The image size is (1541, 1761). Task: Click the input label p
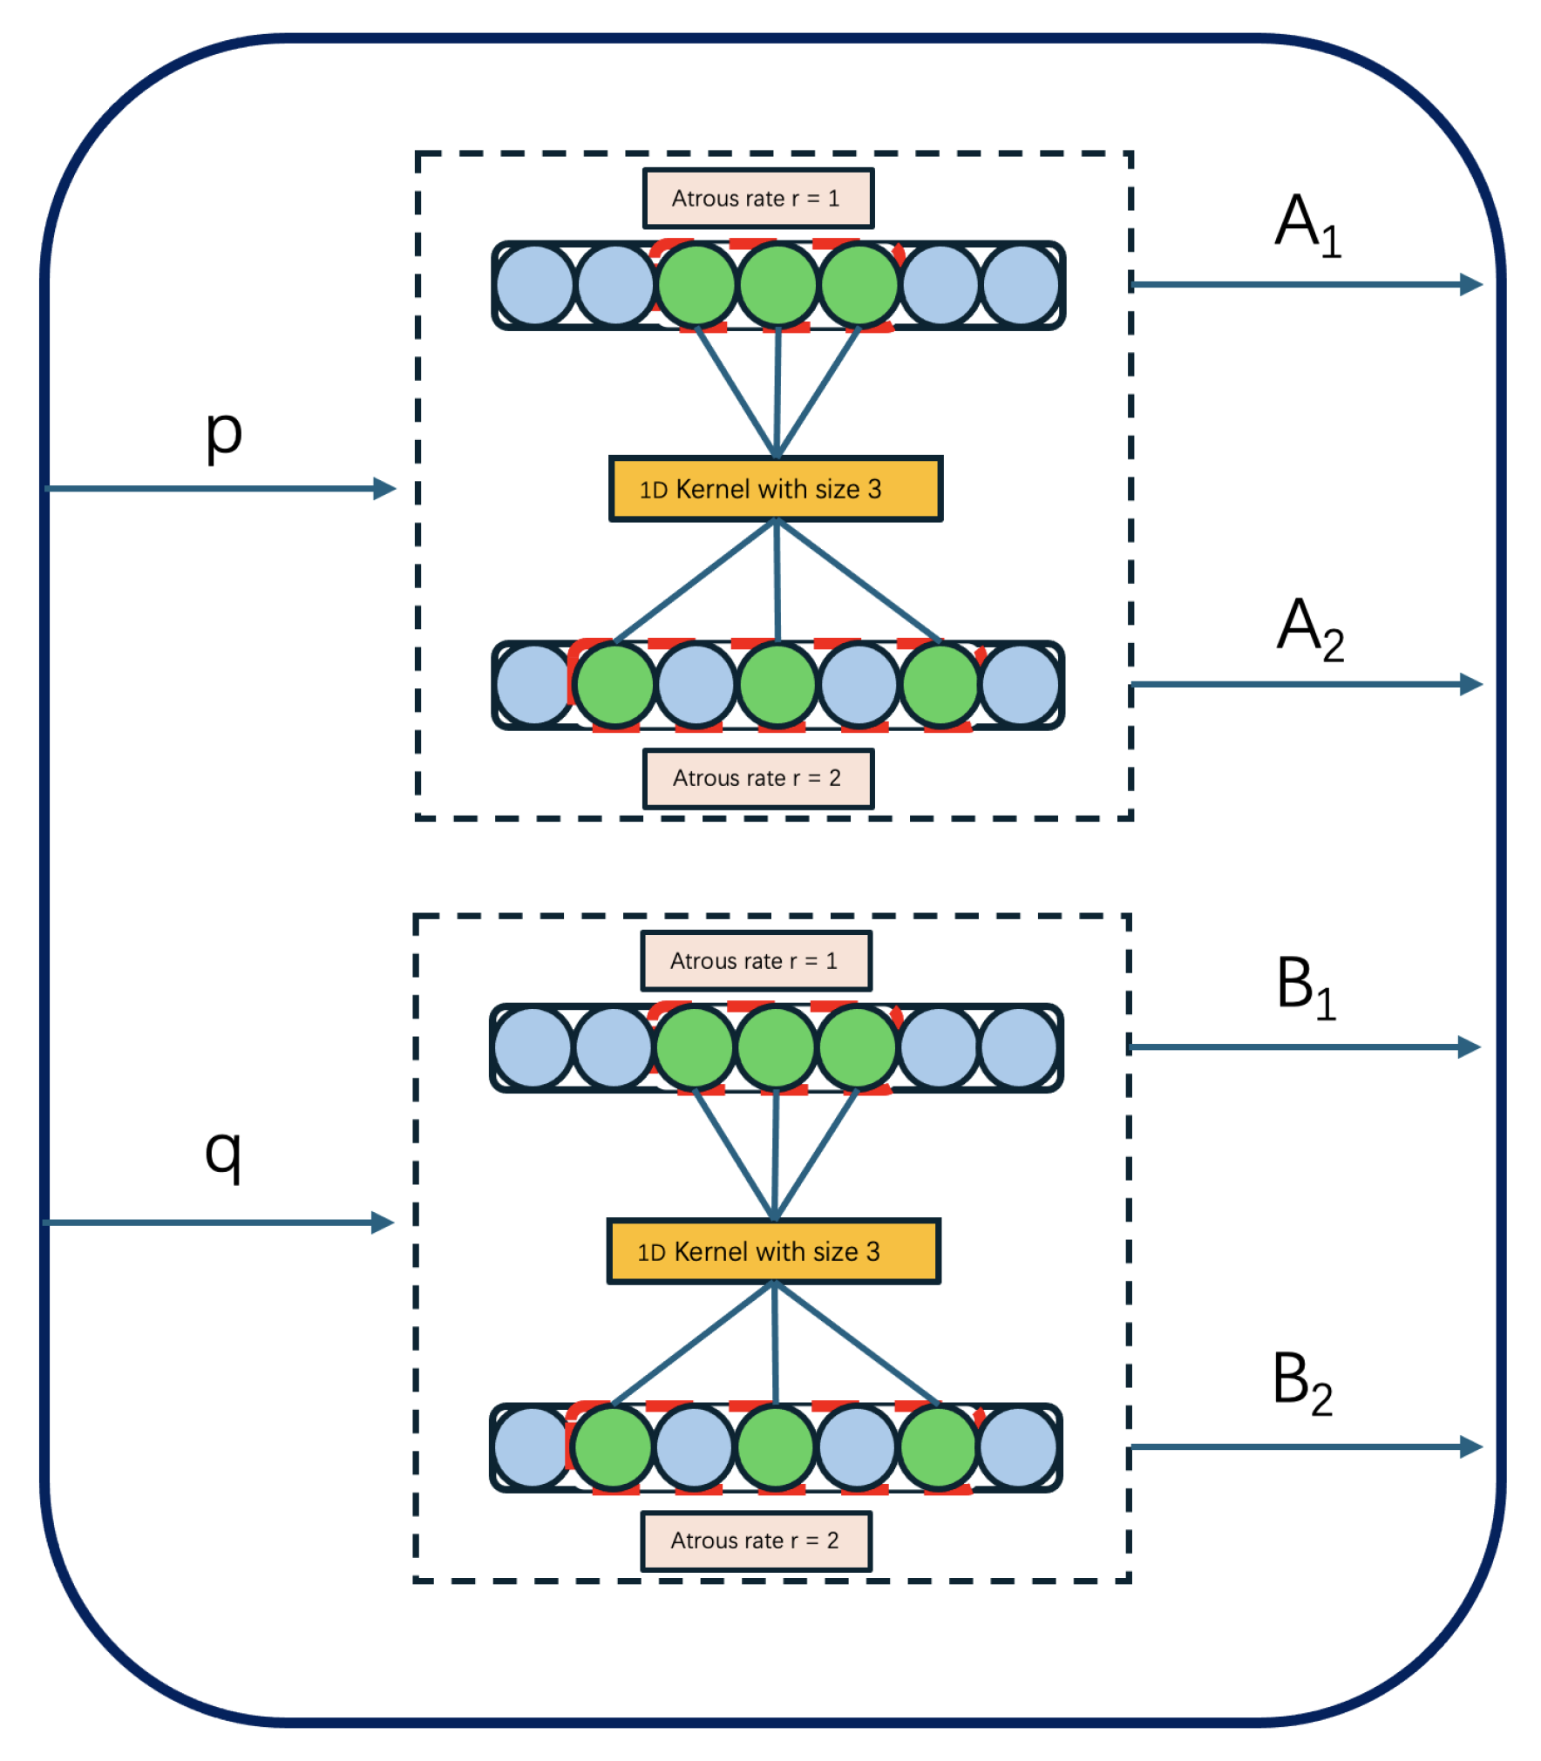tap(223, 434)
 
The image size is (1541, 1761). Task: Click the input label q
tap(223, 1153)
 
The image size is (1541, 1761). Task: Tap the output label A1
tap(1307, 225)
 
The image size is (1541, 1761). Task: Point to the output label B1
tap(1305, 986)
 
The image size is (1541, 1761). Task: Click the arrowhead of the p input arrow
tap(384, 488)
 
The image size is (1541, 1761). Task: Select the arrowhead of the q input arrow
tap(382, 1222)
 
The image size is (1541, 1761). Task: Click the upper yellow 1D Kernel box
tap(775, 489)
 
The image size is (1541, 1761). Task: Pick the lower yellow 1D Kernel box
tap(773, 1250)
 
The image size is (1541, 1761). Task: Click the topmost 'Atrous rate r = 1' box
tap(757, 199)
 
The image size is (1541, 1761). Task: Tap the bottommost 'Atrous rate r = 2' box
tap(756, 1540)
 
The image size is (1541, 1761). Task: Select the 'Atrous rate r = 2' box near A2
tap(757, 778)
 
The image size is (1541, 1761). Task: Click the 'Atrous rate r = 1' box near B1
tap(756, 960)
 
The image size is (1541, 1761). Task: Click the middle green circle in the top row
tap(777, 285)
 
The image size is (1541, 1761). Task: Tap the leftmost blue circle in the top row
tap(534, 285)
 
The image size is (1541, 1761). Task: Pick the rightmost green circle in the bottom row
tap(938, 1447)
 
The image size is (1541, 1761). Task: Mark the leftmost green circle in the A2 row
tap(614, 685)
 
